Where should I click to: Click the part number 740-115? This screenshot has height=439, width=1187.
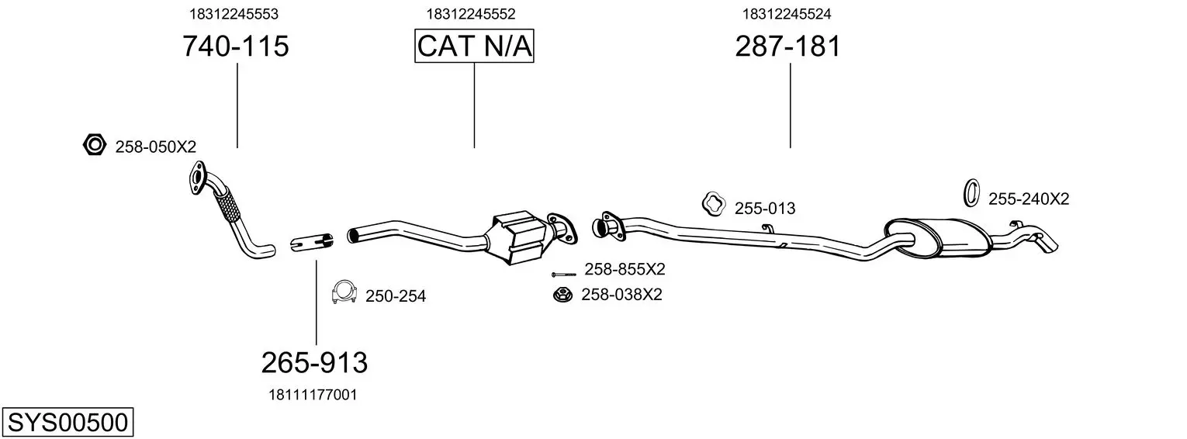[236, 47]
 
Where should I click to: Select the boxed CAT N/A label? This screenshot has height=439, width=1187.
[474, 47]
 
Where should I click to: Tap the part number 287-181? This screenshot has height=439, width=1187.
[787, 47]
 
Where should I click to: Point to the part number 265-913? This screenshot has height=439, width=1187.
[314, 362]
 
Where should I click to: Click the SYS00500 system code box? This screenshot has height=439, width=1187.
[67, 423]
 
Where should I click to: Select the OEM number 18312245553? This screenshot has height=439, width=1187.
[234, 14]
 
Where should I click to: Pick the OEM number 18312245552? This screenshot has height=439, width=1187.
[471, 14]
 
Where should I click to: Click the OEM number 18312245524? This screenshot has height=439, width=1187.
[787, 14]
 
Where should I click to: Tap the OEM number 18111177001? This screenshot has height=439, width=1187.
[313, 395]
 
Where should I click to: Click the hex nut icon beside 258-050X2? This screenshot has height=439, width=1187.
[94, 144]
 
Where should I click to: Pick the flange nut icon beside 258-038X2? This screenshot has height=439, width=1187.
[561, 295]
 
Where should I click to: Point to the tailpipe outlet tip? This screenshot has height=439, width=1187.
[1048, 244]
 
